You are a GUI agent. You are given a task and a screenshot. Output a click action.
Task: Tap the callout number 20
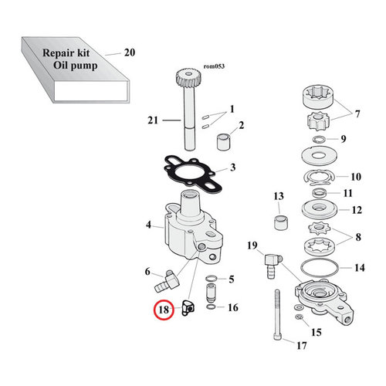pos(129,53)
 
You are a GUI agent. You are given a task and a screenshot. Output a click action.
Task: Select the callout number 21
pos(152,120)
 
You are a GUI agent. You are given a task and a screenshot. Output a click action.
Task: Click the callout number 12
pos(357,210)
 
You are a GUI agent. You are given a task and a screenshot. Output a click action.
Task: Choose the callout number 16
pos(233,307)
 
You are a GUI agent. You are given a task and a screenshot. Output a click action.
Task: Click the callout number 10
pos(357,176)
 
